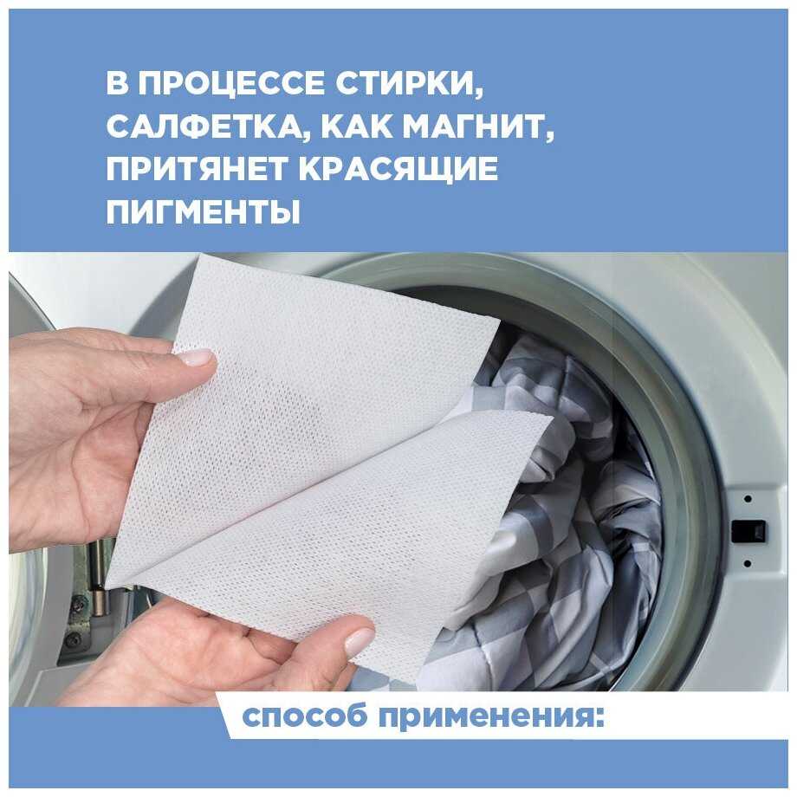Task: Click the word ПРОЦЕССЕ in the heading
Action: (230, 83)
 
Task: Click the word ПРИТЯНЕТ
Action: (197, 169)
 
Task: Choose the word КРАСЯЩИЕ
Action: (398, 170)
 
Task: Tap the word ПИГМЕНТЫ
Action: (203, 211)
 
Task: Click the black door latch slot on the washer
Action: (748, 531)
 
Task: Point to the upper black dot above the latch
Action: (748, 499)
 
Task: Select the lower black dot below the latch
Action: (748, 564)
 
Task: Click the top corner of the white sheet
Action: (201, 256)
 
